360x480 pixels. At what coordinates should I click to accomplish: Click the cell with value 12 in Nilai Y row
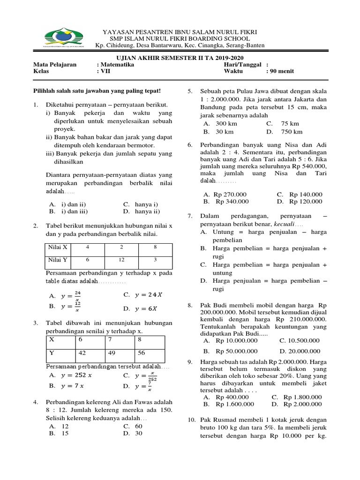tap(121, 260)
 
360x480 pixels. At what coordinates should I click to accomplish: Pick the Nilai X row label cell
tap(58, 247)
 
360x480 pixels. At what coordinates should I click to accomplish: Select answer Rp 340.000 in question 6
tap(232, 202)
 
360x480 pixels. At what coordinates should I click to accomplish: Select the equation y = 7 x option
tap(72, 386)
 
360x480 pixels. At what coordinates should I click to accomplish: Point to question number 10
tap(192, 420)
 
